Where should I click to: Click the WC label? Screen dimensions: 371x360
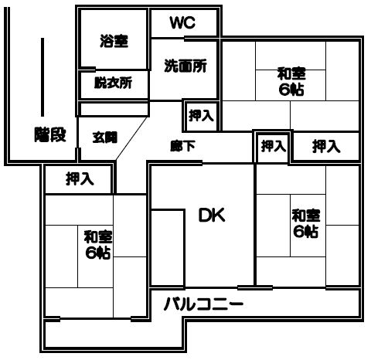coord(182,22)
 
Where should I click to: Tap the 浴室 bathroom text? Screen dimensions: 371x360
coord(114,41)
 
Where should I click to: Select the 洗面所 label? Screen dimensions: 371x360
coord(185,66)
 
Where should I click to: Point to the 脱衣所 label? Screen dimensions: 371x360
coord(113,83)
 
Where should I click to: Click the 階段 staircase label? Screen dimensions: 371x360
coord(50,134)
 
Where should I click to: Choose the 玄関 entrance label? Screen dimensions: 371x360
coord(105,138)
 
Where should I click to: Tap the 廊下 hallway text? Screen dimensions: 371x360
coord(182,146)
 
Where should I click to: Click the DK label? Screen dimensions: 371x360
coord(212,216)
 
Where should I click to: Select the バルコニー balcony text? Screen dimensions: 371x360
coord(203,304)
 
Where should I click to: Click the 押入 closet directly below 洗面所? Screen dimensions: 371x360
coord(201,115)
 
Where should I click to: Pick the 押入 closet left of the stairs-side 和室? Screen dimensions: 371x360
coord(80,179)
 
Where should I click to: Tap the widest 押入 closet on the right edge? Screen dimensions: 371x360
coord(326,147)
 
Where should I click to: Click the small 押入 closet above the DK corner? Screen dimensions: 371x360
coord(274,146)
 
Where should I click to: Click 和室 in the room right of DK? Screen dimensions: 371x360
coord(306,216)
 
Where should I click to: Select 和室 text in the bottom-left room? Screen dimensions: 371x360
coord(98,237)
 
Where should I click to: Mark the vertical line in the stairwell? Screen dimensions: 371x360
coord(43,77)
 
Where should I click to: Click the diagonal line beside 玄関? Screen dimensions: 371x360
coord(132,138)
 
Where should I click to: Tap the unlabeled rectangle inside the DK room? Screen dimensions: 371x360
coord(168,248)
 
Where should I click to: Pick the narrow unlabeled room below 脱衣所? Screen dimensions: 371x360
coord(114,109)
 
